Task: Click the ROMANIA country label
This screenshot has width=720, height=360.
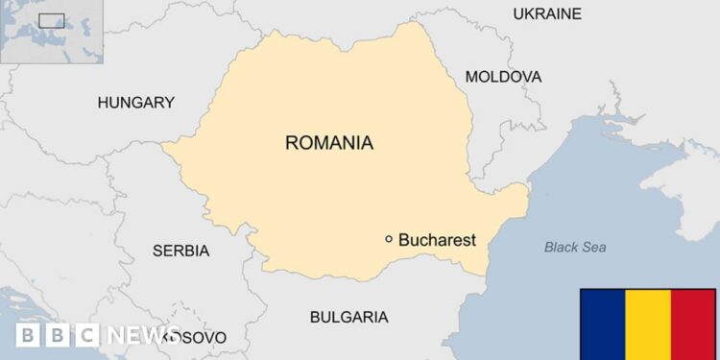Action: point(328,143)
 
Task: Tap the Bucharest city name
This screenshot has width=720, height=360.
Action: point(437,240)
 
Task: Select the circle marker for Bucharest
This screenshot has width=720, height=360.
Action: point(389,239)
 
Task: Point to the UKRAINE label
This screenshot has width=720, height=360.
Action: point(547,13)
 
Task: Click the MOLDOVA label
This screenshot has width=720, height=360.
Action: point(503,77)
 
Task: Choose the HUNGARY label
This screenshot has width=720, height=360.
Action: point(136,102)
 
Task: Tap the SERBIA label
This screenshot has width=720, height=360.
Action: point(180,251)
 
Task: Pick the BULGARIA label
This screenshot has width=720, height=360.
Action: point(348,317)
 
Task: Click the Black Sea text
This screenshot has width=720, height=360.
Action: point(575,248)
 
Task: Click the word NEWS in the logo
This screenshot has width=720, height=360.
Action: point(141,335)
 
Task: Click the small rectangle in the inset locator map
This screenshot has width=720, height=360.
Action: point(51,20)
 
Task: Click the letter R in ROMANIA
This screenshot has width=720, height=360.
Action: point(292,143)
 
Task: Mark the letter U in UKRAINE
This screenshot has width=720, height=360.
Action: point(519,13)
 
